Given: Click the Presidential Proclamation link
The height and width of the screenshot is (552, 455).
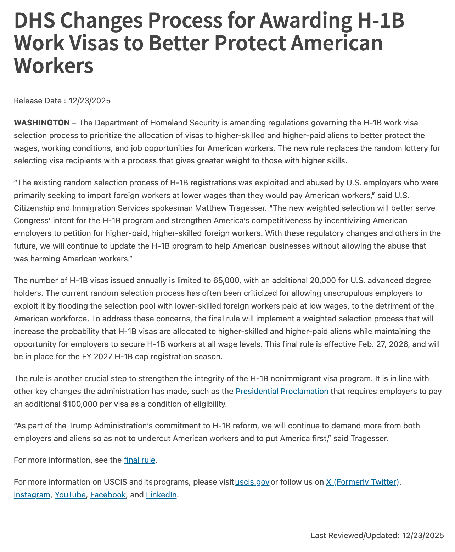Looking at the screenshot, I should (x=282, y=392).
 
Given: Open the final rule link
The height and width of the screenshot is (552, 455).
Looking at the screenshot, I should (x=139, y=460).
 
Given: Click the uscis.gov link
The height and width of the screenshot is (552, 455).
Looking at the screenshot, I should (x=252, y=482).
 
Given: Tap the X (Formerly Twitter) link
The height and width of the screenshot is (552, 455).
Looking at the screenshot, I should (x=363, y=482).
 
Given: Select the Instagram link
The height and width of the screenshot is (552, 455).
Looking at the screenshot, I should (x=32, y=495).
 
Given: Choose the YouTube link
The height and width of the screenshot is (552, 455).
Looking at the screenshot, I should (x=70, y=495).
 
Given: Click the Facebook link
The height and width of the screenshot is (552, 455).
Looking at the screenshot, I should (x=108, y=495).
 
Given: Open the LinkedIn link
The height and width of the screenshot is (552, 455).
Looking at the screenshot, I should (x=161, y=495).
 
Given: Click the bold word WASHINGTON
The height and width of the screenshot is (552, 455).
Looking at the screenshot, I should (x=42, y=123).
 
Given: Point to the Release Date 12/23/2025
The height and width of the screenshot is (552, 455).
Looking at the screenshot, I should (x=90, y=101).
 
